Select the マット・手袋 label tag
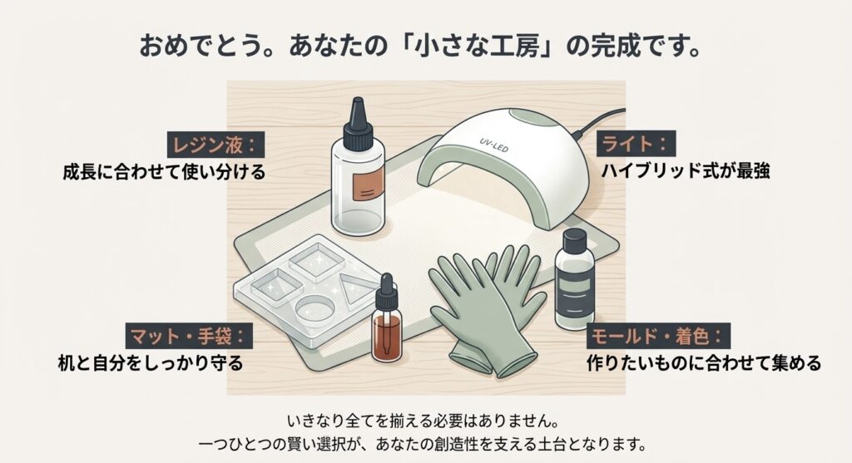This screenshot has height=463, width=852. (x=187, y=337)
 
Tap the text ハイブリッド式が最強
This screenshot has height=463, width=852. (x=685, y=173)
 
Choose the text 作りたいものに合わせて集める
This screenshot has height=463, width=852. (x=703, y=363)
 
